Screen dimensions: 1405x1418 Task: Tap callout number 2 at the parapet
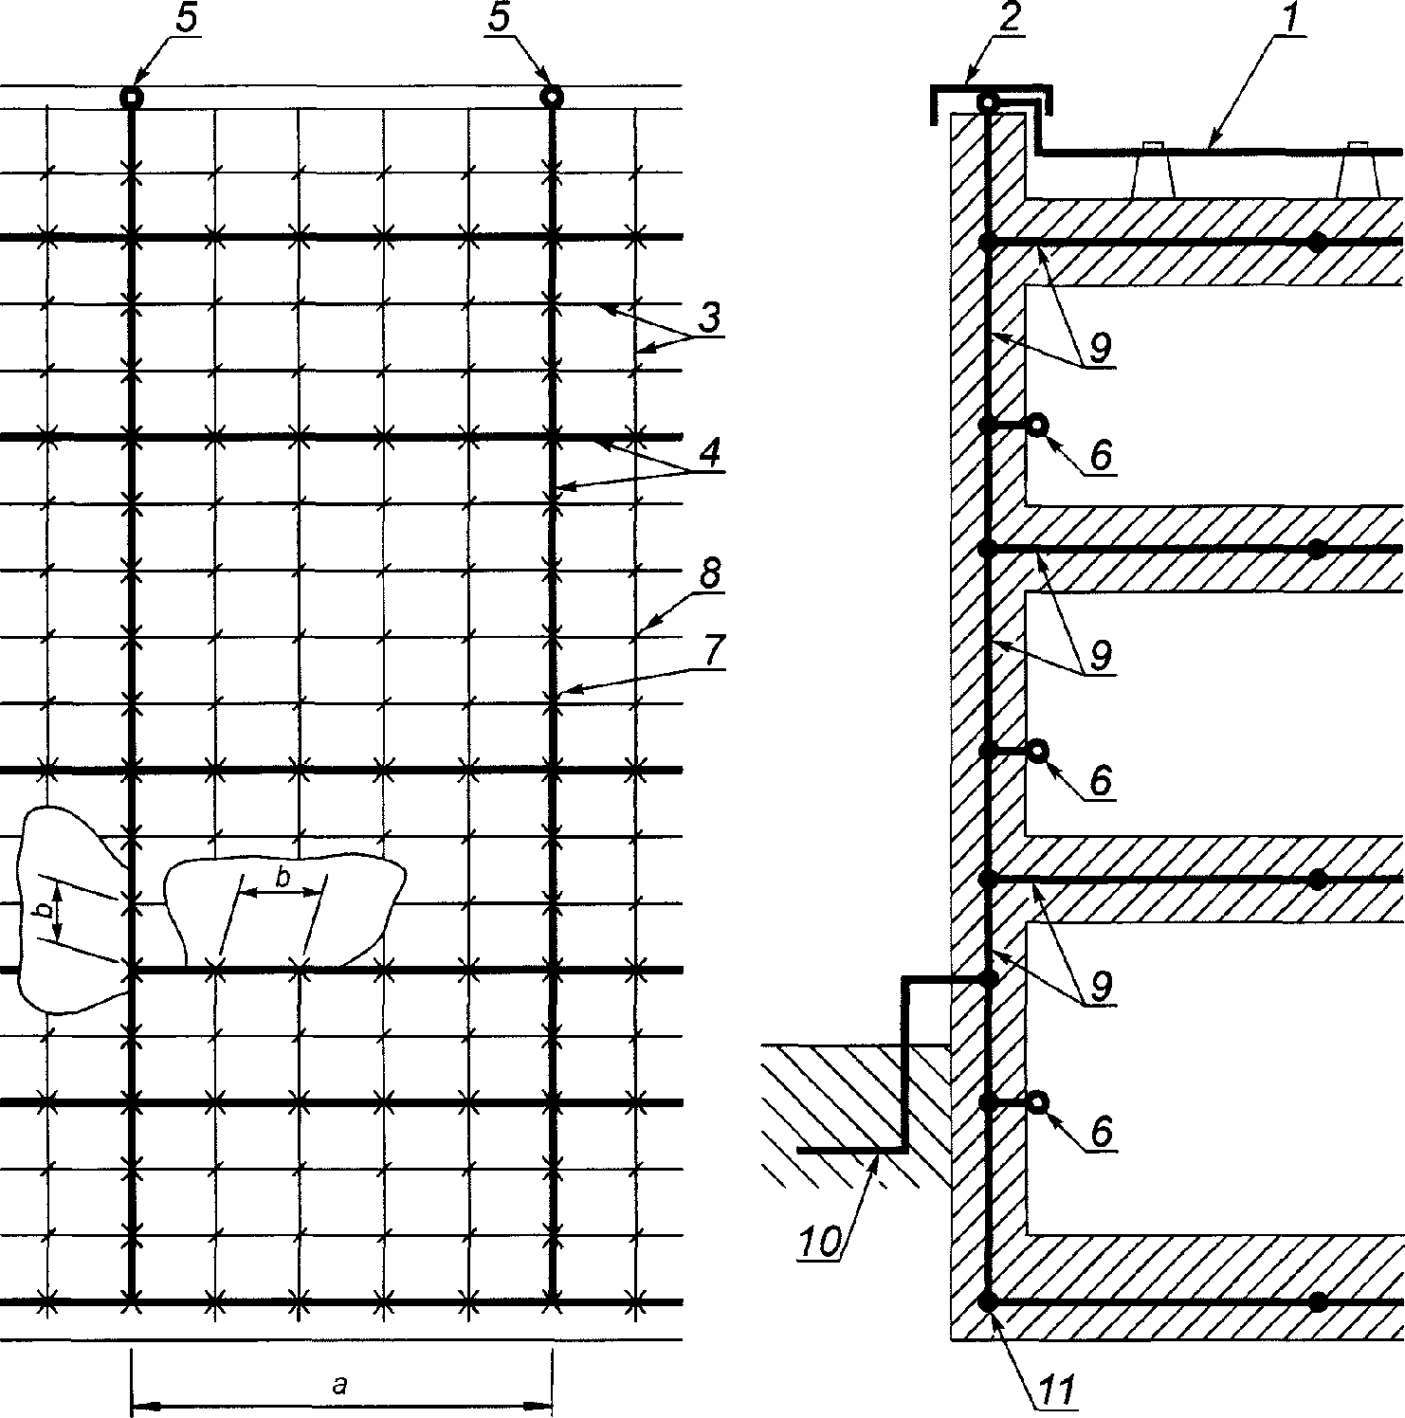[x=1009, y=19]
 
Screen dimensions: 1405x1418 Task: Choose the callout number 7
[x=713, y=651]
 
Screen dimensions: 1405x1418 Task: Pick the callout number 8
[x=709, y=574]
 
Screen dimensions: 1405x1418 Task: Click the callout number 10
[x=818, y=1241]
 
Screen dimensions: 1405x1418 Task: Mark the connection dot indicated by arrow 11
[x=988, y=1302]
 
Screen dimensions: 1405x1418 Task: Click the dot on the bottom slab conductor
[x=1317, y=1302]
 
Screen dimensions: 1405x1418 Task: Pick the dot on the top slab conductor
[x=1317, y=243]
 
